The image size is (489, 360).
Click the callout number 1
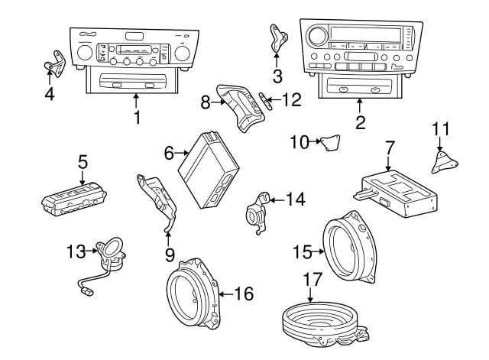(137, 118)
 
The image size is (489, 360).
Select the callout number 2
(360, 120)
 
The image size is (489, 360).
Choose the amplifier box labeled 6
(212, 170)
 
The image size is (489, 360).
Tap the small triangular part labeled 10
(330, 142)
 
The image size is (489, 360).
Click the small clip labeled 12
(265, 99)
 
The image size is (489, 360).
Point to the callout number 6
(170, 153)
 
